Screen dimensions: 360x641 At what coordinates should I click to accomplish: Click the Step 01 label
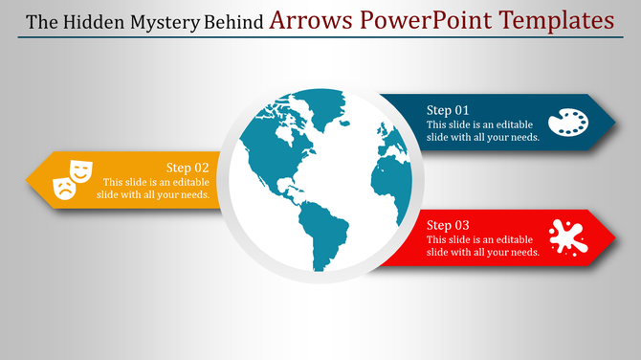coord(448,110)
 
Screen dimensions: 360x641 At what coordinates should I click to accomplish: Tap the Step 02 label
coord(188,167)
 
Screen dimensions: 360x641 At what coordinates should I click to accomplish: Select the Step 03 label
coord(448,225)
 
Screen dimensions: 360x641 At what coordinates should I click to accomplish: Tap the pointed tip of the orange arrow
coord(28,179)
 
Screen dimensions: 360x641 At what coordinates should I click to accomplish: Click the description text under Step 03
coord(482,246)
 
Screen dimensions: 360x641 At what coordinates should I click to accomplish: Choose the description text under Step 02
coord(153,189)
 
